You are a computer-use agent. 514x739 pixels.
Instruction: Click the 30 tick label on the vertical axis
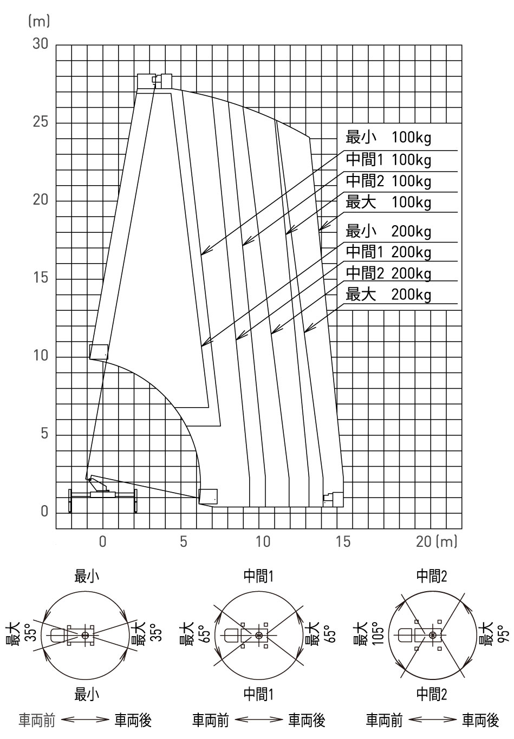click(x=40, y=43)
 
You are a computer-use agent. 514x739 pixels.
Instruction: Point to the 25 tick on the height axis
click(x=40, y=122)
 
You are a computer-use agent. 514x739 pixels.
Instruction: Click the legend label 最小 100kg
click(x=388, y=138)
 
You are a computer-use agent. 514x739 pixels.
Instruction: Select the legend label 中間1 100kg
click(x=388, y=160)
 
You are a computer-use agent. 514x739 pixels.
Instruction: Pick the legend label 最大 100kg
click(x=388, y=202)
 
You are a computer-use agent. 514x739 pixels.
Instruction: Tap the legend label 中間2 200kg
click(x=388, y=273)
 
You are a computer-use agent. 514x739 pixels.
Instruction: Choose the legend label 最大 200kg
click(x=388, y=295)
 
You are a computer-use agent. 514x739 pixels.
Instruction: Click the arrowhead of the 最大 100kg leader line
click(x=322, y=226)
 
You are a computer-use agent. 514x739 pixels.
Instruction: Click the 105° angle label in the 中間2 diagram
click(x=380, y=634)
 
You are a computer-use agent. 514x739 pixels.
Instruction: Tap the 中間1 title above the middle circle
click(x=258, y=576)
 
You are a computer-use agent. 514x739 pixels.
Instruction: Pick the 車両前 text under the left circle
click(x=36, y=720)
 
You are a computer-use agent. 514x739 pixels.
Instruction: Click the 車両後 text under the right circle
click(x=480, y=720)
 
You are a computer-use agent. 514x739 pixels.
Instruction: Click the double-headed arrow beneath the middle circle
click(x=259, y=720)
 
